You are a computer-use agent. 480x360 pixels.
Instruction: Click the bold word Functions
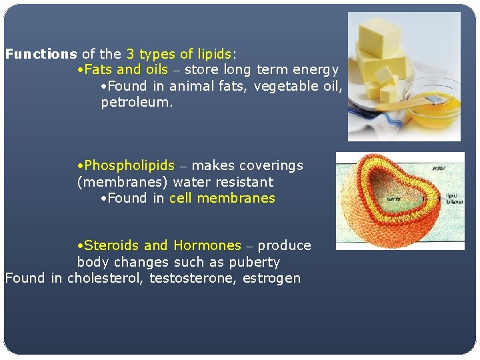pyautogui.click(x=41, y=54)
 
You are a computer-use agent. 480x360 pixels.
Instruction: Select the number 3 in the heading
pyautogui.click(x=130, y=54)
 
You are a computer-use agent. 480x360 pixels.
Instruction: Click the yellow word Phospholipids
pyautogui.click(x=129, y=165)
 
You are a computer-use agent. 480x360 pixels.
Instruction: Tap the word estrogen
pyautogui.click(x=272, y=278)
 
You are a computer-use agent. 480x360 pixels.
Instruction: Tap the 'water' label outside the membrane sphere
pyautogui.click(x=439, y=168)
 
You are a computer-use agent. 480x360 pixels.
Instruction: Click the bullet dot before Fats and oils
pyautogui.click(x=80, y=70)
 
